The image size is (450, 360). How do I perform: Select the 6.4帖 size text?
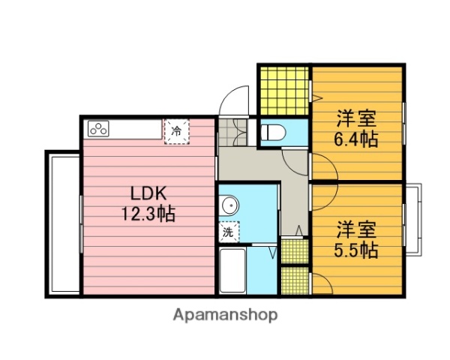pyautogui.click(x=356, y=139)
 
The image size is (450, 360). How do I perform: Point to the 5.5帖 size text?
pyautogui.click(x=356, y=249)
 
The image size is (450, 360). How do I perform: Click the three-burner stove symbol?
pyautogui.click(x=100, y=128)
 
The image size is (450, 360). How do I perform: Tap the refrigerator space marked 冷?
pyautogui.click(x=176, y=130)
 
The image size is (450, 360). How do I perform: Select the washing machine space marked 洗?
pyautogui.click(x=229, y=232)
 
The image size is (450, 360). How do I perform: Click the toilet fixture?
pyautogui.click(x=274, y=133)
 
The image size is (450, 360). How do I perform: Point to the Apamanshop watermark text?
pyautogui.click(x=226, y=315)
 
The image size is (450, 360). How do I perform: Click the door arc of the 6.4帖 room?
pyautogui.click(x=323, y=166)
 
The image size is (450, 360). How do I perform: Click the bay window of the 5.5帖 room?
pyautogui.click(x=414, y=219)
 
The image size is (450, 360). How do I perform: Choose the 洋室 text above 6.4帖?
pyautogui.click(x=356, y=118)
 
